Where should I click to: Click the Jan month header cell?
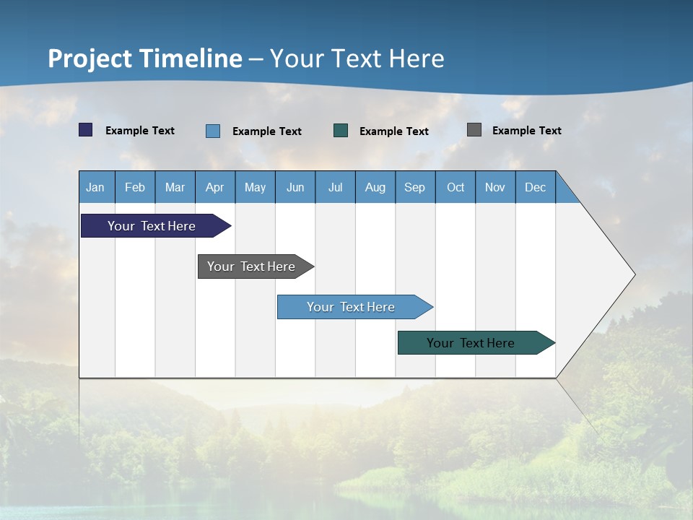pyautogui.click(x=96, y=187)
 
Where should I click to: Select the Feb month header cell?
pyautogui.click(x=135, y=187)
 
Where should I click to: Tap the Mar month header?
pyautogui.click(x=175, y=187)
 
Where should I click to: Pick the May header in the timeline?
pyautogui.click(x=255, y=187)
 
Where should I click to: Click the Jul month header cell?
pyautogui.click(x=335, y=187)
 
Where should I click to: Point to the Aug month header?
pyautogui.click(x=375, y=187)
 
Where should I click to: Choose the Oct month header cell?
pyautogui.click(x=456, y=187)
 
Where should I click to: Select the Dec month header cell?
pyautogui.click(x=536, y=187)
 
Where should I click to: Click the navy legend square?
pyautogui.click(x=86, y=130)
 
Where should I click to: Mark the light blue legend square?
pyautogui.click(x=213, y=131)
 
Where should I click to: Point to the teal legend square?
pyautogui.click(x=341, y=131)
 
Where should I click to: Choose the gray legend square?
pyautogui.click(x=474, y=130)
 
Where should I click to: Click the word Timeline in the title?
pyautogui.click(x=191, y=58)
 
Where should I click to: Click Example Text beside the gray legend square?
pyautogui.click(x=526, y=131)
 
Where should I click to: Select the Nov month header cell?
pyautogui.click(x=495, y=187)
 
